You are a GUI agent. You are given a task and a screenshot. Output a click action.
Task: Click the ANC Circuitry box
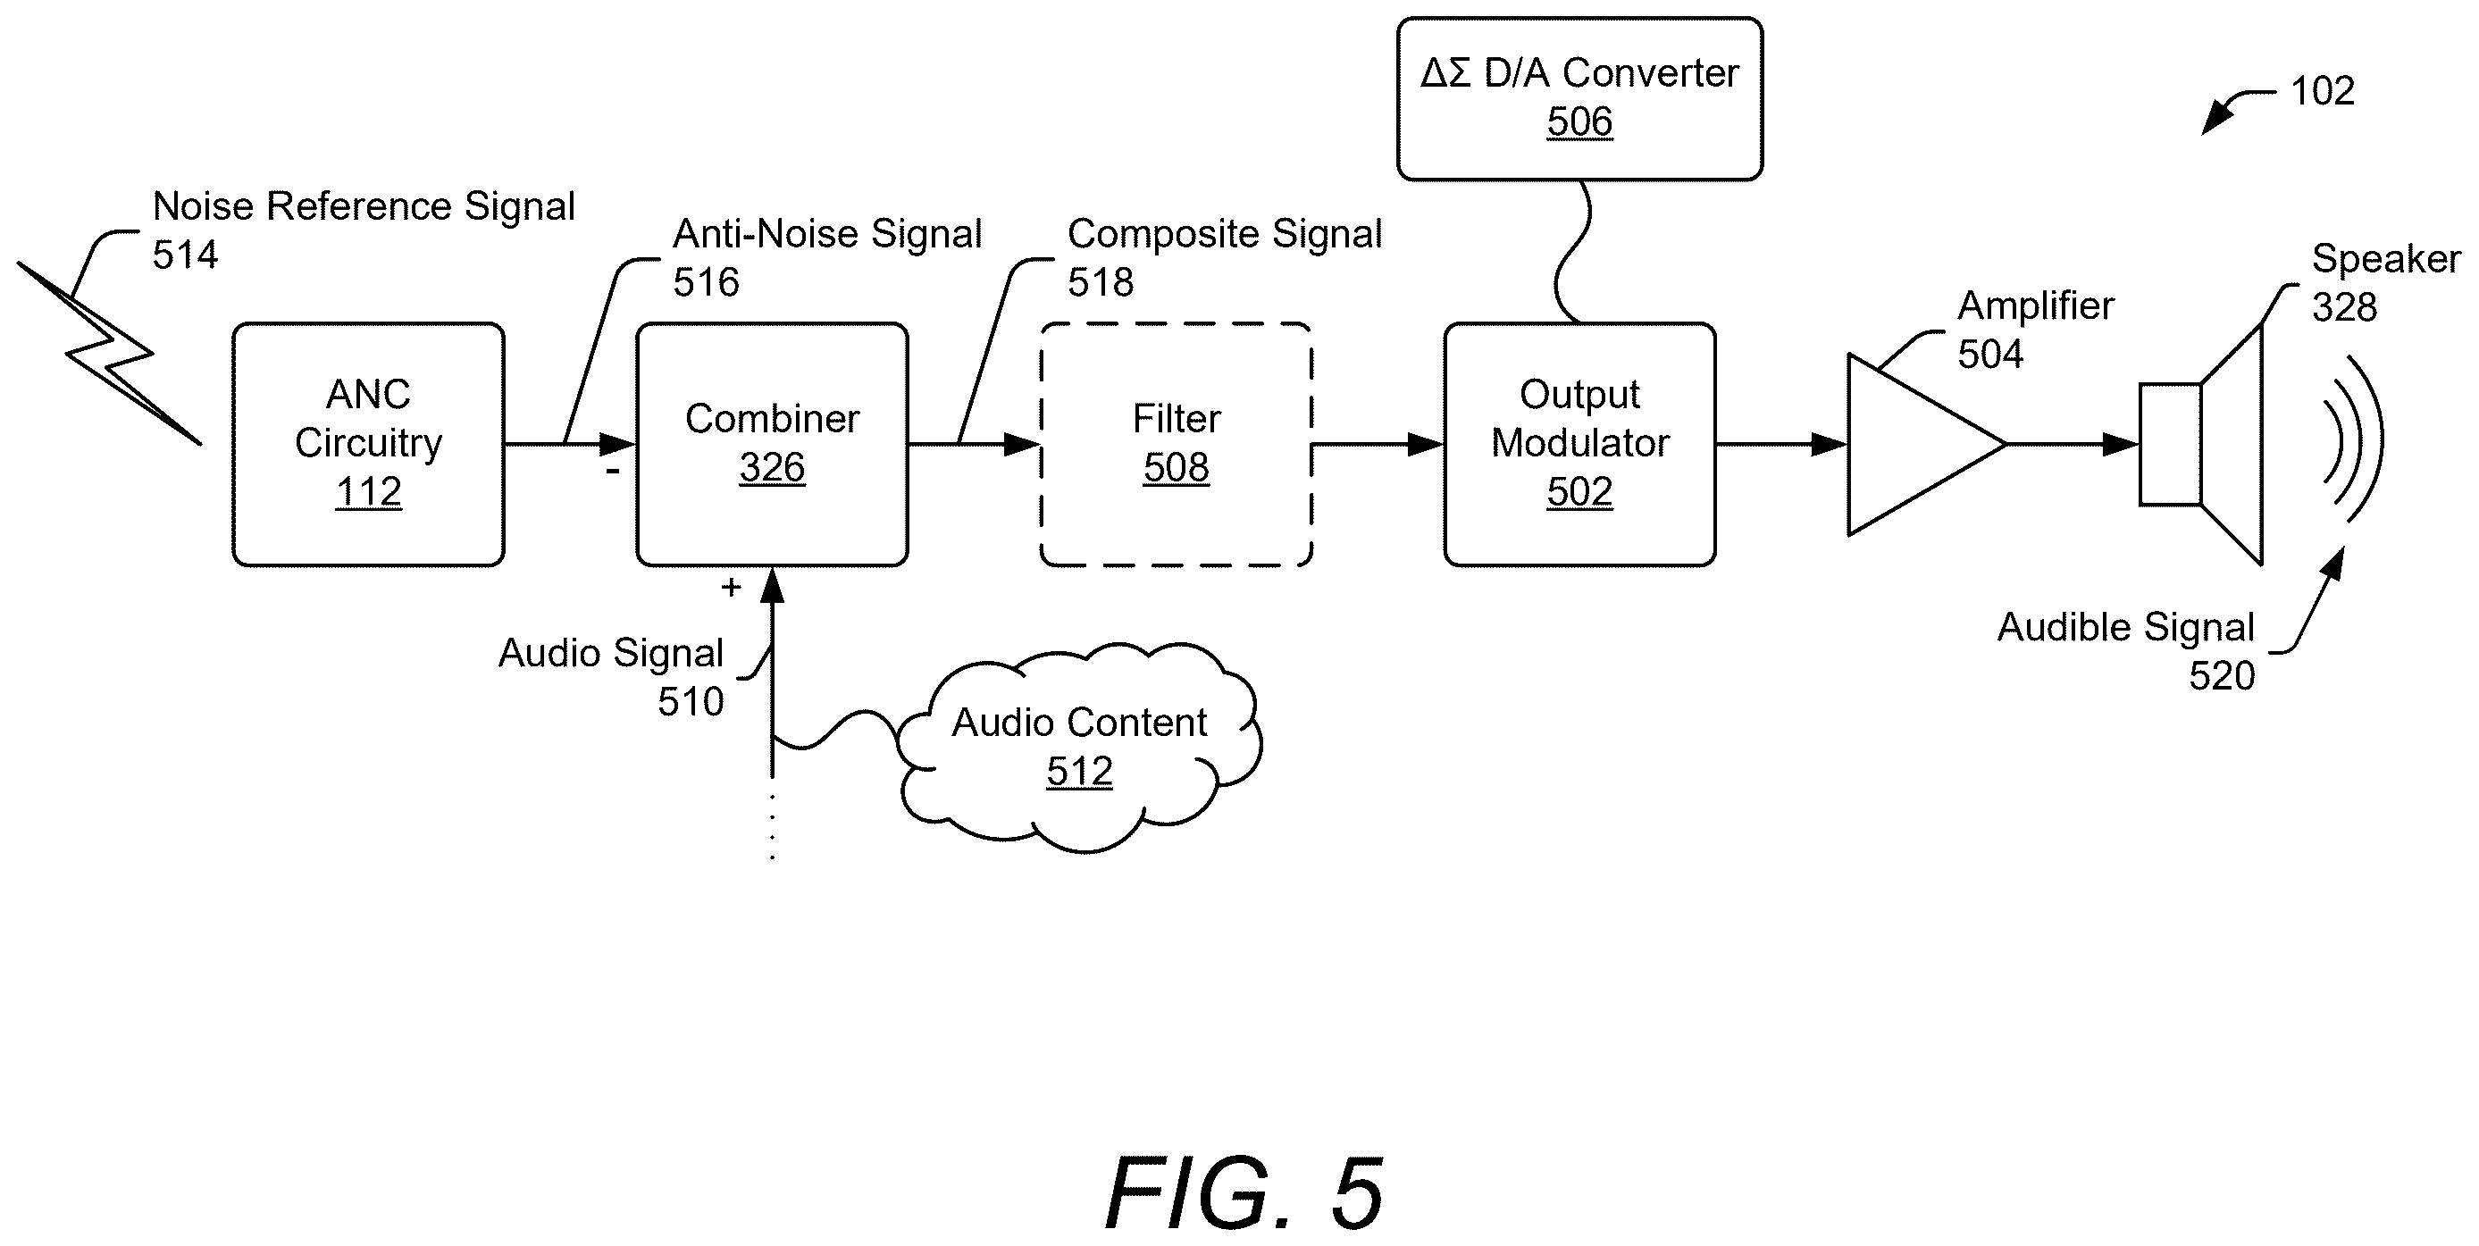[368, 445]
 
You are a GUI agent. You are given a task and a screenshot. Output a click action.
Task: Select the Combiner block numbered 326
[772, 445]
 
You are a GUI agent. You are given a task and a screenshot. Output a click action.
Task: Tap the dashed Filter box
[1176, 445]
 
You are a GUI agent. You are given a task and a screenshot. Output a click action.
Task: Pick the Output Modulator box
[1579, 445]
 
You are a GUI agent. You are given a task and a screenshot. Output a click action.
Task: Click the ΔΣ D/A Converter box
[1579, 98]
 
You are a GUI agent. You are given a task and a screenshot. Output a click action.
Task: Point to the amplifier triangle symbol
[1925, 445]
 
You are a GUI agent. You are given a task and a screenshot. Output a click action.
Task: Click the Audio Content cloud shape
[1080, 748]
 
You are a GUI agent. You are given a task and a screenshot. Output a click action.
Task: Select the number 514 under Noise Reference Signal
[186, 255]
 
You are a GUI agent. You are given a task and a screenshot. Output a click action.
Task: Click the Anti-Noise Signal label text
[827, 234]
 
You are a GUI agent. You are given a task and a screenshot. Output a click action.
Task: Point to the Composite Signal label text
[1224, 234]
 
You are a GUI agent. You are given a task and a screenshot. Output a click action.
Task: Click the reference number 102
[2322, 91]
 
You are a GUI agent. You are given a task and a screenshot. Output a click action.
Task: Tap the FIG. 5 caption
[1244, 1193]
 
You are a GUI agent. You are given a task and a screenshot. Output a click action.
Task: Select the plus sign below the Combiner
[732, 587]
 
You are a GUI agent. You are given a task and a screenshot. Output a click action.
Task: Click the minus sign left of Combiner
[612, 472]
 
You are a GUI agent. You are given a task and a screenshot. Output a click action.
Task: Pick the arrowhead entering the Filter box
[1022, 445]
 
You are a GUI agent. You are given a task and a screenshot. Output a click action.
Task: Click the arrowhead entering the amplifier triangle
[1830, 445]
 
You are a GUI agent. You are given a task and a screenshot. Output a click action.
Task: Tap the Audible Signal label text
[2126, 627]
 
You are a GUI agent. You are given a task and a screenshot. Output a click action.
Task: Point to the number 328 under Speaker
[2344, 308]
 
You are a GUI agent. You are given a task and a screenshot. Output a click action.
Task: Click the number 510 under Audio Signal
[691, 702]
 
